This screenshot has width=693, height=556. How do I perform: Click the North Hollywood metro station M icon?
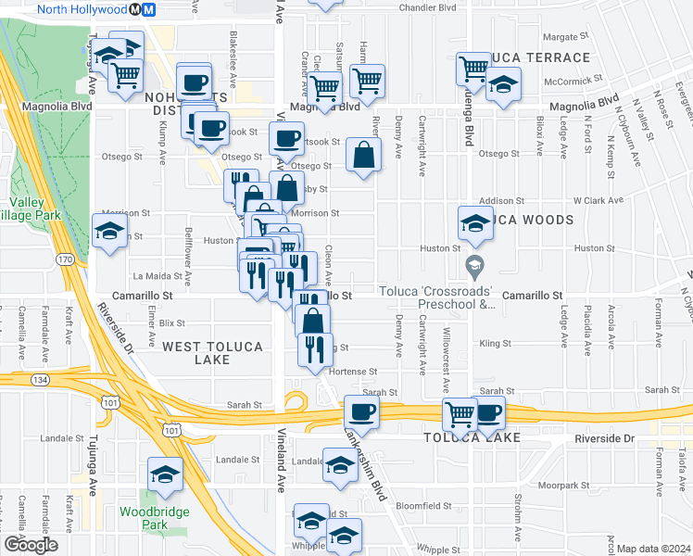(x=136, y=9)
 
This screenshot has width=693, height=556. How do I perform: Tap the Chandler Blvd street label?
(x=429, y=7)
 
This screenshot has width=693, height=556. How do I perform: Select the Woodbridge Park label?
(x=154, y=518)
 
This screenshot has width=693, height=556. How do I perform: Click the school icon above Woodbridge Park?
(x=165, y=474)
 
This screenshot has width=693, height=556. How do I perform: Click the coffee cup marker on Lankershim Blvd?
(x=361, y=411)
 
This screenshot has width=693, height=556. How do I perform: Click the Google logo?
(x=31, y=545)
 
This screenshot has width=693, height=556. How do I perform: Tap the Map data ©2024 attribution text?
(x=653, y=549)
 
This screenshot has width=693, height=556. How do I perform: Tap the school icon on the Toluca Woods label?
(x=474, y=221)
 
